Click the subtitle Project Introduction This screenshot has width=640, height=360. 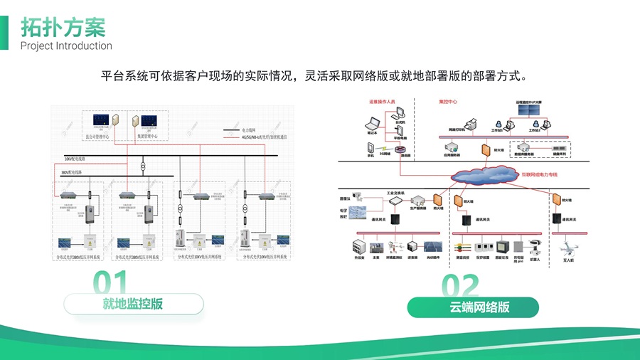click(x=66, y=46)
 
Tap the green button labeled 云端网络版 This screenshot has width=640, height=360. click(x=479, y=307)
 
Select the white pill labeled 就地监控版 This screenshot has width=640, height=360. click(x=133, y=304)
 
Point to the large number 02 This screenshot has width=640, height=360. click(x=460, y=285)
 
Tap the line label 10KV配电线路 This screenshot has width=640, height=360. click(x=79, y=158)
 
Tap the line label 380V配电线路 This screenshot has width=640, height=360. click(x=75, y=173)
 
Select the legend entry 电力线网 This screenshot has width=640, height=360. click(x=248, y=131)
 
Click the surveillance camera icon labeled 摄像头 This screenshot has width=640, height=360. click(x=358, y=194)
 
